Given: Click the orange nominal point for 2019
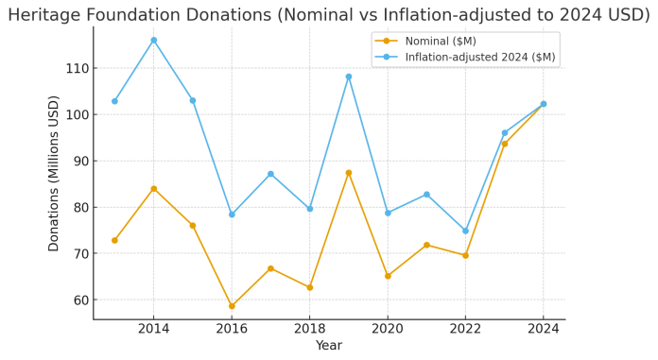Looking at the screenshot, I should click(348, 173).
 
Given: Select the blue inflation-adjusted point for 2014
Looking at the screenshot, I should click(153, 41).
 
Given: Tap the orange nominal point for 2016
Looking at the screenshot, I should click(232, 306).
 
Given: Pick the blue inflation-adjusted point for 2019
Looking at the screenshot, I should click(348, 77).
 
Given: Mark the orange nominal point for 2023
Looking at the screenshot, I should click(504, 144).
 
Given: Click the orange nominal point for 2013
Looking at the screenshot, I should click(114, 240).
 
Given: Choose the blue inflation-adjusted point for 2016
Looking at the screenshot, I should click(232, 214).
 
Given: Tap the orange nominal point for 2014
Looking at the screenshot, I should click(153, 189).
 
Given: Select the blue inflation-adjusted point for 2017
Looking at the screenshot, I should click(270, 174).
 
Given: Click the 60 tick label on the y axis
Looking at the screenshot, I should click(79, 300).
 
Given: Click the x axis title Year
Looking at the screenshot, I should click(329, 346).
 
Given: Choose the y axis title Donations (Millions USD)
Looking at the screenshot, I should click(54, 173).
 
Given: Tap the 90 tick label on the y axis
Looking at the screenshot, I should click(79, 162).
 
